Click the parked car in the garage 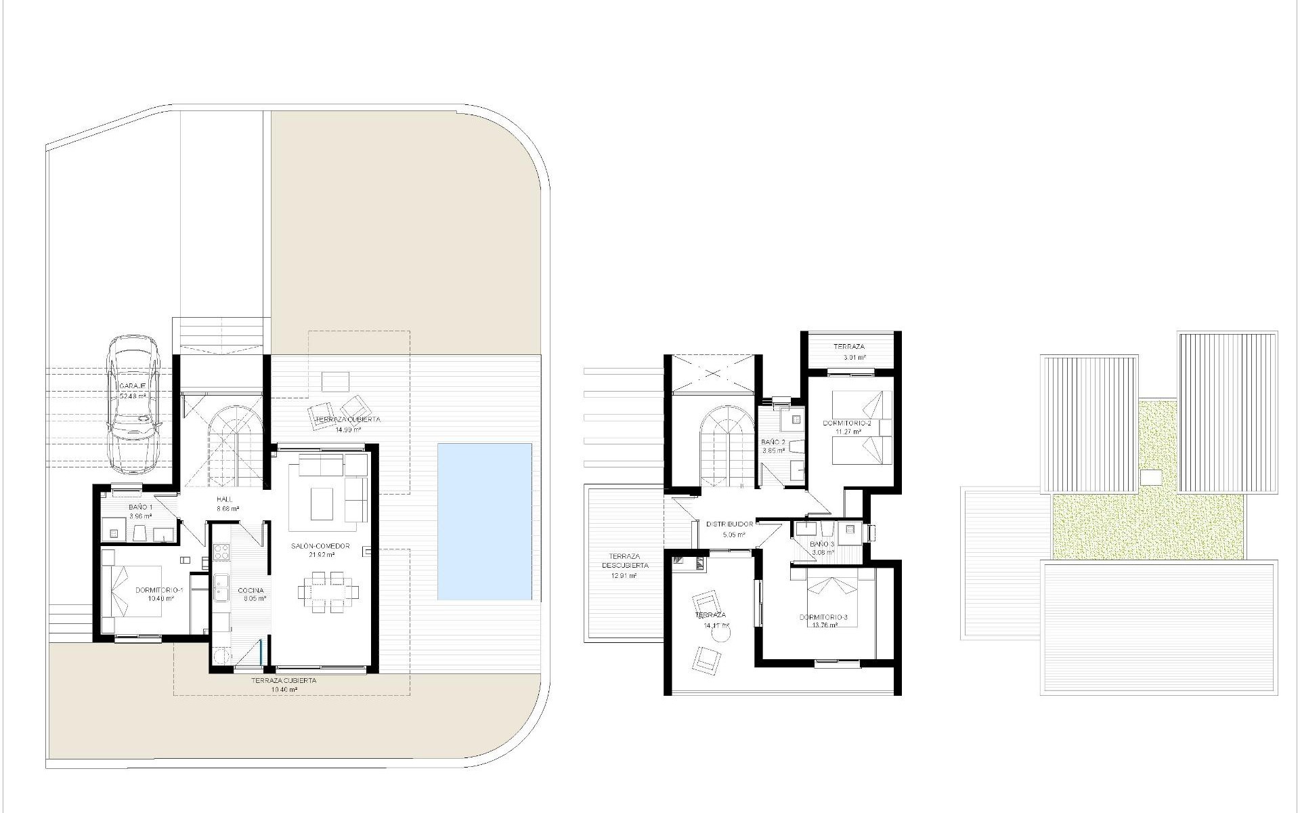coord(135,406)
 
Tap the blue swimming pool coord(484,521)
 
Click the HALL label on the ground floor coord(224,499)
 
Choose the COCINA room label coord(251,590)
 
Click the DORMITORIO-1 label coord(154,590)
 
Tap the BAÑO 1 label coord(140,507)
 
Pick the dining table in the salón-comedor coord(328,591)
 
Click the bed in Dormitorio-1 coord(132,591)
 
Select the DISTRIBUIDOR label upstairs coord(729,524)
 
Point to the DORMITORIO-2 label coord(846,423)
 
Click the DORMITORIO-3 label coord(823,617)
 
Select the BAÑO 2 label coord(773,442)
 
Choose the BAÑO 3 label coord(822,544)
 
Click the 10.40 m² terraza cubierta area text coord(284,690)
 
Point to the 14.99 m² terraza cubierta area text coord(347,429)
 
